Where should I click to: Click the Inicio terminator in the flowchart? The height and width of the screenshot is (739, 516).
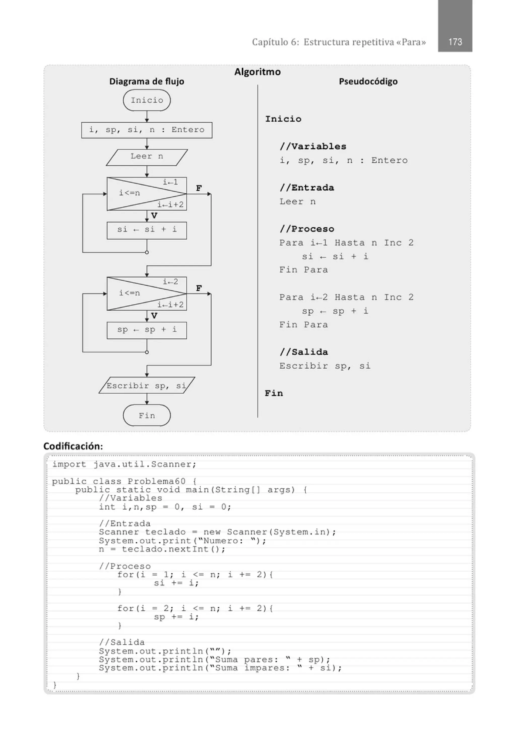pos(147,100)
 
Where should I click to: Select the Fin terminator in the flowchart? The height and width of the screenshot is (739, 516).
pos(147,416)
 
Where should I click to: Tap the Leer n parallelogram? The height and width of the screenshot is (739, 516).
pos(147,157)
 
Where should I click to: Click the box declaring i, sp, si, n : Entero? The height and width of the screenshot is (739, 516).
pos(147,130)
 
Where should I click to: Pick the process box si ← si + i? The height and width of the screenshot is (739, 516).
pos(147,230)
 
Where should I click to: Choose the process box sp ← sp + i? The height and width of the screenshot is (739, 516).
pos(147,330)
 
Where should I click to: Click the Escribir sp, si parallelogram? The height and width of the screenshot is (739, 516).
pos(147,386)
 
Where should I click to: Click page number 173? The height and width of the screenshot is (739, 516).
pos(455,42)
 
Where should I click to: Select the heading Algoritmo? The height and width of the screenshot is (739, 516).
pos(257,72)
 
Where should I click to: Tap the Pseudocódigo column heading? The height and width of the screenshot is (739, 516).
pos(368,81)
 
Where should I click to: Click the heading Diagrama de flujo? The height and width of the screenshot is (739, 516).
pos(147,81)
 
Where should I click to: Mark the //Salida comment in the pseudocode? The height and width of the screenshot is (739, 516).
pos(304,352)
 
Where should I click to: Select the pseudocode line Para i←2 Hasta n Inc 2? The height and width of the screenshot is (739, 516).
pos(346,298)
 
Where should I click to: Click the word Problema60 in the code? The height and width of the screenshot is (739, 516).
pos(156,482)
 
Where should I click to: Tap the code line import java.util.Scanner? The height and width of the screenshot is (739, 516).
pos(124,464)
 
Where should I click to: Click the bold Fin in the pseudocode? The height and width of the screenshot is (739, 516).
pos(274,393)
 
